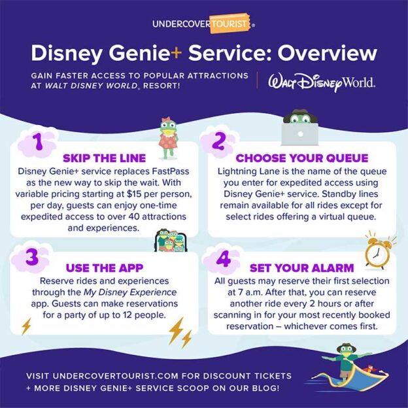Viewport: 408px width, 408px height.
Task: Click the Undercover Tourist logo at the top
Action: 203,24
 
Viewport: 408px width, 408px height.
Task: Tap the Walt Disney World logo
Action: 316,82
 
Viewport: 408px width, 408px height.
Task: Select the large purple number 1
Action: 37,142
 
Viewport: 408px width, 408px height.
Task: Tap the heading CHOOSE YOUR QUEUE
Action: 301,158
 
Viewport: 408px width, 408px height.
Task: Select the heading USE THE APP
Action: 105,268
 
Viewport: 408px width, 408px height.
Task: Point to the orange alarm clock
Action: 377,252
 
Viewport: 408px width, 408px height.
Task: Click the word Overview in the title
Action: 319,53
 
